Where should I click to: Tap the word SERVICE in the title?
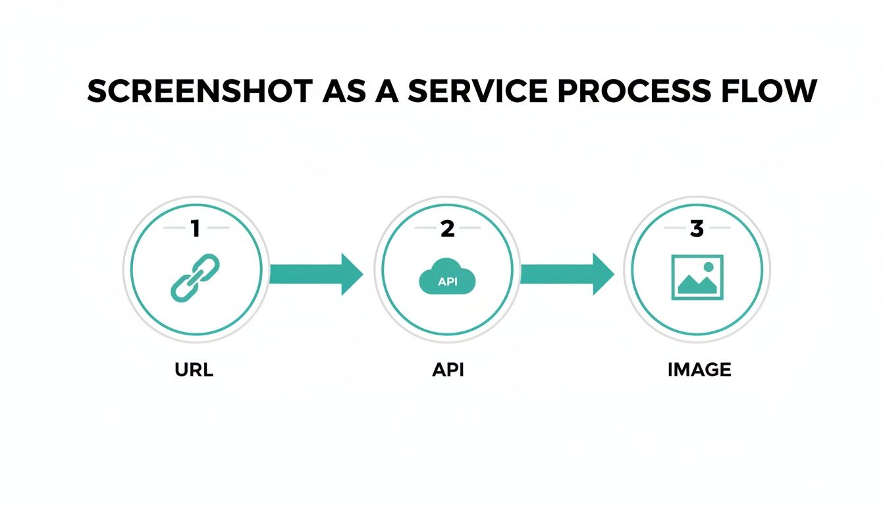coord(477,92)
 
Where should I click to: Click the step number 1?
coord(195,229)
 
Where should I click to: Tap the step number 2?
coord(447,229)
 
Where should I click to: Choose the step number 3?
coord(697,229)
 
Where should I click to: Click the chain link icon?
coord(195,278)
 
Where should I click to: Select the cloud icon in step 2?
coord(447,276)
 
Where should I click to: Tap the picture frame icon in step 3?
coord(697,277)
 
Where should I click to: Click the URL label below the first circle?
coord(194,370)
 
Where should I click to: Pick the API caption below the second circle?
coord(448,370)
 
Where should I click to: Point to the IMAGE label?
coord(699,370)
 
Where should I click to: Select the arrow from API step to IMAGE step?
coord(567,273)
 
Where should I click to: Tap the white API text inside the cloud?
coord(447,282)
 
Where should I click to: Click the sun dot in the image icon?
coord(709,267)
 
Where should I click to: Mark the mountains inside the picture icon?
coord(695,285)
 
